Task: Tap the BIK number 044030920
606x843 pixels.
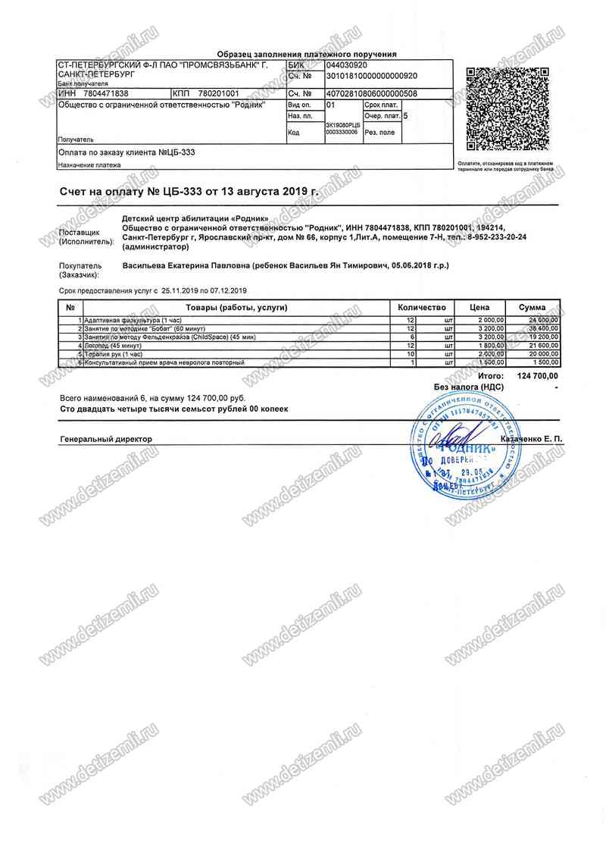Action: [x=346, y=66]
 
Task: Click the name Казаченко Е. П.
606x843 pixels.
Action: [x=529, y=440]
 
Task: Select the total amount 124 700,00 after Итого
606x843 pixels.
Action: [x=537, y=376]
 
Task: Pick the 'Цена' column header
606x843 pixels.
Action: [x=480, y=308]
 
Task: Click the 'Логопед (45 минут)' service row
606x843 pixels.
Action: [x=114, y=345]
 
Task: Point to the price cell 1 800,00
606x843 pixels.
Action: [x=491, y=345]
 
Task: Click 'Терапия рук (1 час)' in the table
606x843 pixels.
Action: [x=114, y=354]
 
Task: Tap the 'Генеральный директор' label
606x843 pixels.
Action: [x=105, y=440]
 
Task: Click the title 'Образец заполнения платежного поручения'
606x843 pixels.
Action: [x=307, y=55]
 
